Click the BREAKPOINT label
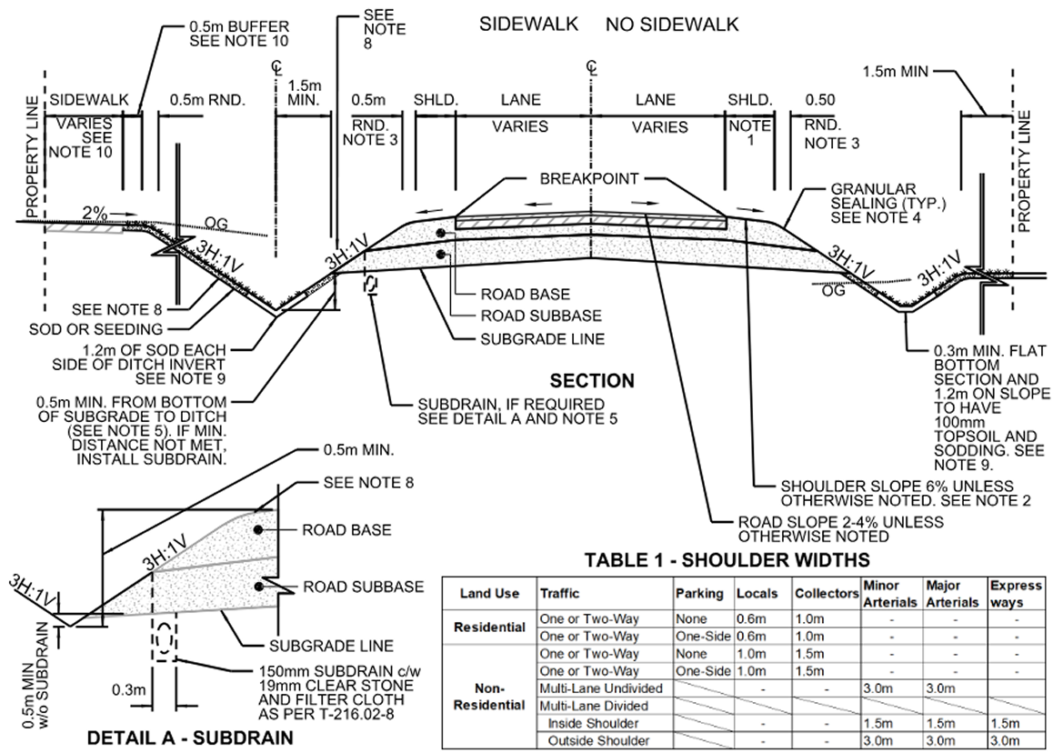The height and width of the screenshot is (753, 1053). tap(590, 179)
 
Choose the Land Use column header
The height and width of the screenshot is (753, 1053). tap(489, 593)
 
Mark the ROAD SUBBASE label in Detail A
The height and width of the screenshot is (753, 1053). tap(363, 587)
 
